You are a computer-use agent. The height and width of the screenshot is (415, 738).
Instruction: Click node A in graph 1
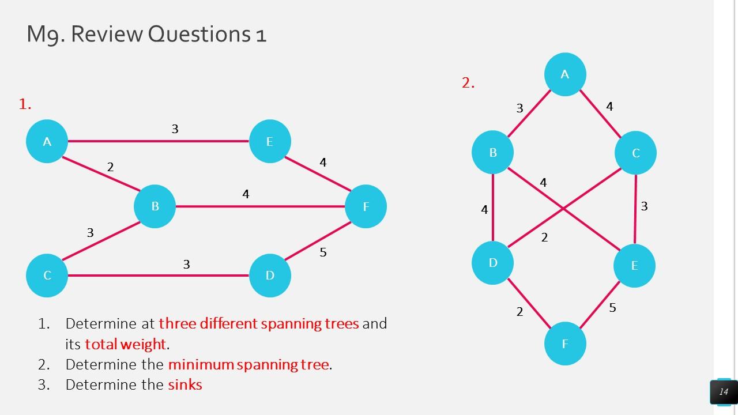pyautogui.click(x=47, y=141)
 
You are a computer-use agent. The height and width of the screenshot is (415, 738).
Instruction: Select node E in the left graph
pyautogui.click(x=270, y=141)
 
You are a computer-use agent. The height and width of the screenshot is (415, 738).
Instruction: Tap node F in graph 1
pyautogui.click(x=366, y=206)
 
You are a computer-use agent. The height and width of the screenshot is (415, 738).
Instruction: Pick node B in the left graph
pyautogui.click(x=155, y=206)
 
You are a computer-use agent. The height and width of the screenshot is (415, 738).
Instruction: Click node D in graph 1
pyautogui.click(x=270, y=276)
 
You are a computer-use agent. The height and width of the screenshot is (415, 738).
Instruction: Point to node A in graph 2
pyautogui.click(x=565, y=74)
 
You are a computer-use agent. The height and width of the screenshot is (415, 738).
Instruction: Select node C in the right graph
pyautogui.click(x=635, y=153)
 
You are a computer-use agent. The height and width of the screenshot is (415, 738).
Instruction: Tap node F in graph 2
pyautogui.click(x=565, y=344)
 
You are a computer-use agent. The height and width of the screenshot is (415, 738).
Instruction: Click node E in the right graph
pyautogui.click(x=634, y=266)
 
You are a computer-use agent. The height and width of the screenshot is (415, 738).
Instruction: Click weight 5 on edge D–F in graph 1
pyautogui.click(x=323, y=252)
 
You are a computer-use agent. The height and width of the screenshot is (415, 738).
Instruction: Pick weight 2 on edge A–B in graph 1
pyautogui.click(x=110, y=167)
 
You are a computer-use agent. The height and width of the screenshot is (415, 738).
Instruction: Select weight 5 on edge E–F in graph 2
pyautogui.click(x=612, y=308)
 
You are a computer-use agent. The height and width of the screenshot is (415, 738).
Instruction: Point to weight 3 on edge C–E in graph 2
pyautogui.click(x=644, y=206)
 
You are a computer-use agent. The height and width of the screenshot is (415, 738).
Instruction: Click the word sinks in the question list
pyautogui.click(x=185, y=384)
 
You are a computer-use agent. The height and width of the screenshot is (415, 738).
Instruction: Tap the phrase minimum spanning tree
pyautogui.click(x=249, y=364)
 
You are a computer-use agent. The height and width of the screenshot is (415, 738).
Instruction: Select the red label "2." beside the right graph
pyautogui.click(x=468, y=83)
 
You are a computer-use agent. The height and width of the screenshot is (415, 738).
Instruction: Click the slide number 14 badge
pyautogui.click(x=723, y=392)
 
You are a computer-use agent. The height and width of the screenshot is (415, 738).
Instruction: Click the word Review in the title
pyautogui.click(x=106, y=34)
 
